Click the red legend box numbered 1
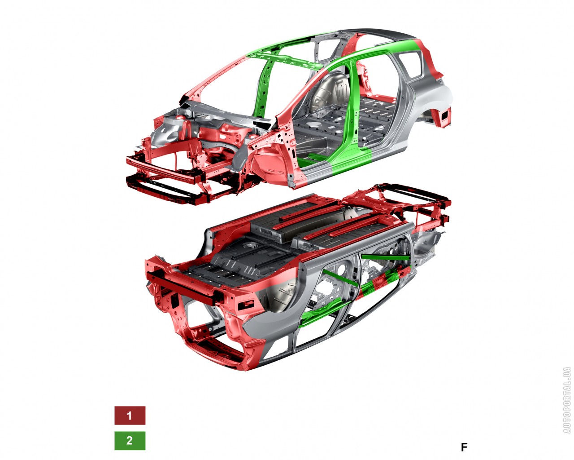point(130,416)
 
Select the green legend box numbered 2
point(130,440)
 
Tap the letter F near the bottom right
point(464,447)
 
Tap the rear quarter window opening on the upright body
point(411,65)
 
